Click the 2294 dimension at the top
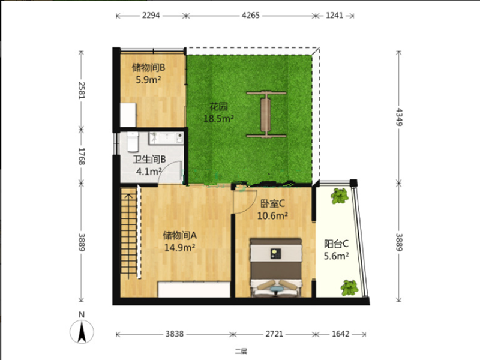[x=151, y=16]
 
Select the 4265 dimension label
[x=250, y=16]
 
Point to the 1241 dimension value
[x=334, y=16]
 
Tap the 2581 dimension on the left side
[x=82, y=91]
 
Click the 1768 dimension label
[x=82, y=157]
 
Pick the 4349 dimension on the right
[x=399, y=117]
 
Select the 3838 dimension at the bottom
[x=175, y=334]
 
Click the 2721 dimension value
[x=274, y=334]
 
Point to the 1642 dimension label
[x=340, y=334]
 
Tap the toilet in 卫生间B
[x=133, y=142]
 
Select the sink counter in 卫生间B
[x=166, y=139]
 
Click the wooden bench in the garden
[x=266, y=114]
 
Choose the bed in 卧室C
[x=276, y=268]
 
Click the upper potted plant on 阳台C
[x=340, y=196]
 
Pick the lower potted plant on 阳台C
[x=349, y=288]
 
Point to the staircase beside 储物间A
[x=128, y=233]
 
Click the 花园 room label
[x=218, y=107]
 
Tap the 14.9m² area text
[x=179, y=247]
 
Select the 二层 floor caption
[x=241, y=352]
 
